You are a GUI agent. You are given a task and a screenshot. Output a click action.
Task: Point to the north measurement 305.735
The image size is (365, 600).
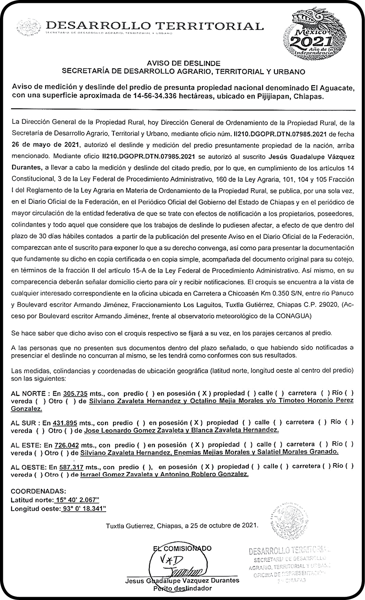(75, 393)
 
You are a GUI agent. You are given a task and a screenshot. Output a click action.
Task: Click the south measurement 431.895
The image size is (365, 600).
(64, 423)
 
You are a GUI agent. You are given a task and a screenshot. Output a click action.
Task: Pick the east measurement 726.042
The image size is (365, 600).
(66, 445)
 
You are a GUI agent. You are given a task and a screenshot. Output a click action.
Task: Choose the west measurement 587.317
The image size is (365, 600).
(71, 467)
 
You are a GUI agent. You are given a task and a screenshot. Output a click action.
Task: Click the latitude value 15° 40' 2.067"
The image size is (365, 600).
(77, 500)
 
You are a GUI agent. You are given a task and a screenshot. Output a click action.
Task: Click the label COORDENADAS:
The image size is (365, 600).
(39, 491)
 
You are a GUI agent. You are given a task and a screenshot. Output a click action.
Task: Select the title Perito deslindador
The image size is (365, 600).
(182, 588)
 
